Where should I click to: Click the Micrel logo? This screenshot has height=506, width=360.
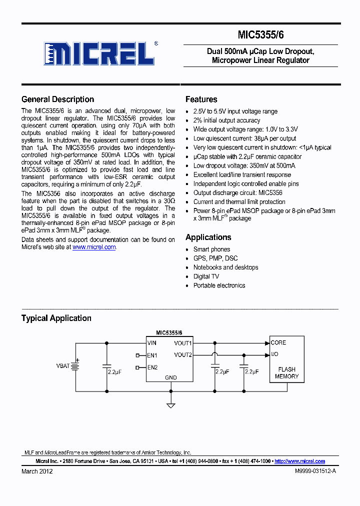click(x=100, y=52)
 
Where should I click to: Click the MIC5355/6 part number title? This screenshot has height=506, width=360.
click(x=261, y=34)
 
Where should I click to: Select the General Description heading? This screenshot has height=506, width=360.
click(x=57, y=99)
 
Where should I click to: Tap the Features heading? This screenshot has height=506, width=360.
click(x=201, y=99)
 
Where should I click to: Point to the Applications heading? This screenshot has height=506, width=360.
click(x=208, y=237)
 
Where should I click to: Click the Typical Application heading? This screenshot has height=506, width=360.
click(x=56, y=318)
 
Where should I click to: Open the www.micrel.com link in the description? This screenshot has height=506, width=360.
click(x=94, y=247)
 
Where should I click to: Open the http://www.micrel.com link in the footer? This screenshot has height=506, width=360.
click(x=299, y=461)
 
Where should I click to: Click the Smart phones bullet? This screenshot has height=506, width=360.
click(x=211, y=249)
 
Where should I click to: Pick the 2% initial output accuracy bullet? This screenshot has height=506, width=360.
click(x=226, y=120)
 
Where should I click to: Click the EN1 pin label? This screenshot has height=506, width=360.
click(x=152, y=355)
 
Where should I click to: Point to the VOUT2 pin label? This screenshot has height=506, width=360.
click(x=182, y=355)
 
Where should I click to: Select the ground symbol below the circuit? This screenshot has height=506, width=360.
click(x=171, y=405)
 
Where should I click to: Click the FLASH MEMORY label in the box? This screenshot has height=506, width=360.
click(x=286, y=373)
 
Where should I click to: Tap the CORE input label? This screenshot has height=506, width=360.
click(x=278, y=343)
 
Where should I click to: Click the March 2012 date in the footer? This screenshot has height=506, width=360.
click(x=37, y=471)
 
